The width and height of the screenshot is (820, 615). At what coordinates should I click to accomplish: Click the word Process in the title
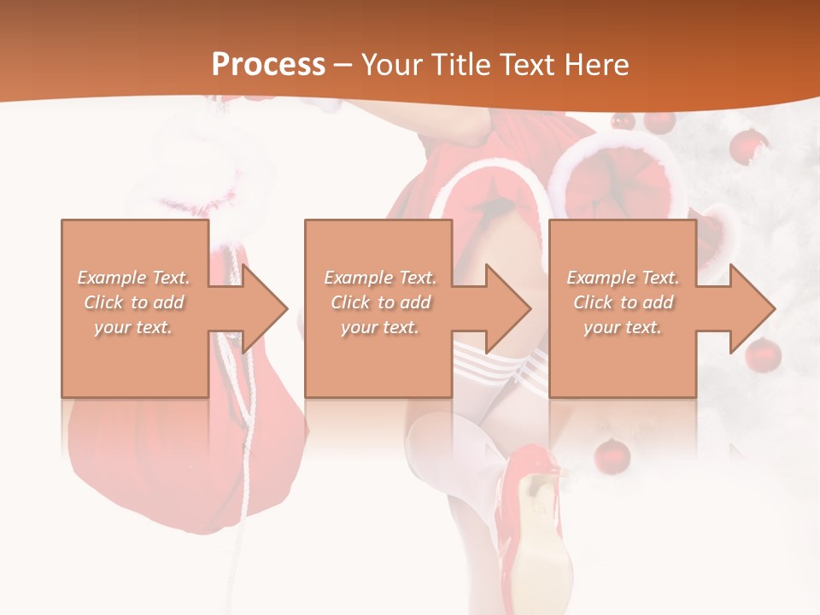pos(268,65)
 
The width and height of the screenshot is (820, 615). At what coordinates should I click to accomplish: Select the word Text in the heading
pos(527,65)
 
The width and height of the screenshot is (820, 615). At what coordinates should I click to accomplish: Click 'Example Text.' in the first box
pos(134,278)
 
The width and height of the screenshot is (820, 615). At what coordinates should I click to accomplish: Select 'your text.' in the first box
pos(133,327)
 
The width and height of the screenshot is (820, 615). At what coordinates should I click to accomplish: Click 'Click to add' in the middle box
pos(380,302)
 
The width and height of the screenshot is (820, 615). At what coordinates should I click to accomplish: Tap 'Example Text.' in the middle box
pos(380,278)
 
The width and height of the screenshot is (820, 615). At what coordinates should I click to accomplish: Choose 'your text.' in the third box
pos(622,327)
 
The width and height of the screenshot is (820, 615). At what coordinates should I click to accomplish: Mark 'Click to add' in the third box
pos(623,302)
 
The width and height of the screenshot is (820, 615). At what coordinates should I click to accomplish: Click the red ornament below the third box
pos(612,455)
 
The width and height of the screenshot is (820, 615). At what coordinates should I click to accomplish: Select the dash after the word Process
pos(343,65)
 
